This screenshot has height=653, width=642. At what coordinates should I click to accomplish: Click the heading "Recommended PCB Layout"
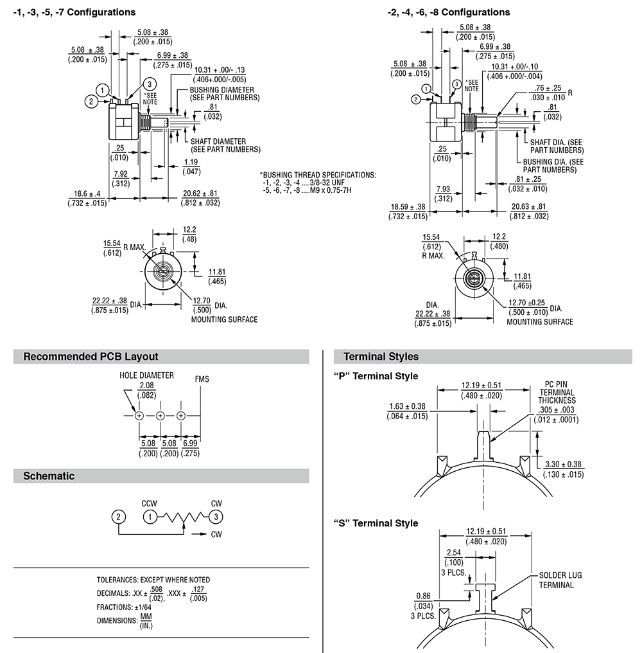click(x=91, y=357)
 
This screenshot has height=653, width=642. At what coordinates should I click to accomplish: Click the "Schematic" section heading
click(x=49, y=476)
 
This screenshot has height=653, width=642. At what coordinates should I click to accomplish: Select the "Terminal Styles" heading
click(x=381, y=357)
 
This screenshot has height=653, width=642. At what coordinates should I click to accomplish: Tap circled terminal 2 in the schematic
click(x=117, y=516)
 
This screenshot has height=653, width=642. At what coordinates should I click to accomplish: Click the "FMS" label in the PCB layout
click(x=202, y=379)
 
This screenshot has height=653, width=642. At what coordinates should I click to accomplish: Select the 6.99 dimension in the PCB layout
click(x=190, y=443)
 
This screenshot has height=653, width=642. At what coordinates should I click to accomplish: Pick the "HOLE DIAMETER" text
click(x=146, y=375)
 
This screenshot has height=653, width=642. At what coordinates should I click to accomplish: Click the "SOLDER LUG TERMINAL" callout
click(x=560, y=580)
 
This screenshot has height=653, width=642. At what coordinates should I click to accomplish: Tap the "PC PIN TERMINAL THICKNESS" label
click(x=557, y=392)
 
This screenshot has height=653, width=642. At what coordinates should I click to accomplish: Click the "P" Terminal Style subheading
click(x=376, y=376)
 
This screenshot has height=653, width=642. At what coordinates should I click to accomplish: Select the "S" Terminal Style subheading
click(x=376, y=523)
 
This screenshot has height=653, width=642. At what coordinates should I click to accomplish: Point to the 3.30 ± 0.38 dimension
click(x=563, y=464)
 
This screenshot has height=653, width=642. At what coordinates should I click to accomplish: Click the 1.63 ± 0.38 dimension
click(x=407, y=406)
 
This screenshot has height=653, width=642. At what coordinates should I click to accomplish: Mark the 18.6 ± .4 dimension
click(x=87, y=193)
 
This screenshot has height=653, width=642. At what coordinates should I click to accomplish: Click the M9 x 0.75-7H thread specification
click(x=308, y=190)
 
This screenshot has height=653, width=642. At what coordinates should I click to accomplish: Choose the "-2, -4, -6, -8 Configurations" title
click(x=449, y=12)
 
